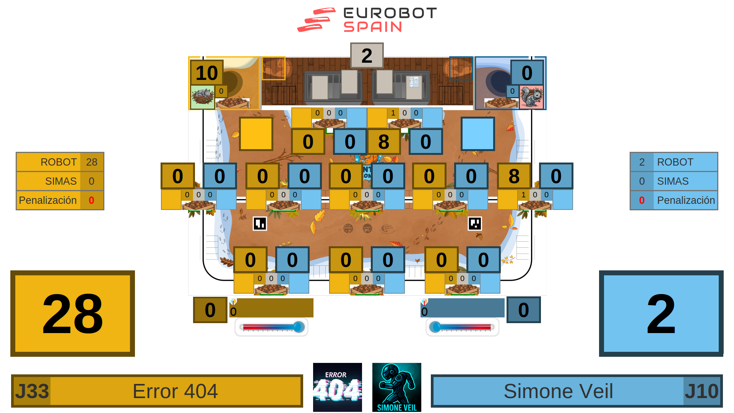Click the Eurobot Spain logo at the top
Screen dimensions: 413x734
(367, 20)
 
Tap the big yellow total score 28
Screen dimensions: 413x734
(73, 314)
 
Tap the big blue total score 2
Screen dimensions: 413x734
(661, 314)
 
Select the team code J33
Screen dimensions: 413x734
(32, 391)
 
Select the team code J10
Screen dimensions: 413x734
(702, 391)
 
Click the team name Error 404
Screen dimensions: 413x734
(175, 391)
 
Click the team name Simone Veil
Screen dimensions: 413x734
(558, 391)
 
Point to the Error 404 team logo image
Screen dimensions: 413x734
(337, 387)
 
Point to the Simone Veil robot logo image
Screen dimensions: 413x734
(397, 387)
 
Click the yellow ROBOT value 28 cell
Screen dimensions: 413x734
(92, 162)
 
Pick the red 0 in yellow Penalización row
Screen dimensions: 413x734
(91, 200)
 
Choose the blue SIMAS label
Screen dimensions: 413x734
(673, 181)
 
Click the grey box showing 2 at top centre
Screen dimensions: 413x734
(367, 56)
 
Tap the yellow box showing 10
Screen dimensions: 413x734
(206, 73)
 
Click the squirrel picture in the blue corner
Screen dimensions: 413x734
(531, 97)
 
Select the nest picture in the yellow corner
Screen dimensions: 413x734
(203, 97)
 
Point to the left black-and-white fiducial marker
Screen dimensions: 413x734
(260, 224)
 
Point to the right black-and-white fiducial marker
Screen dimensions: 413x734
(475, 224)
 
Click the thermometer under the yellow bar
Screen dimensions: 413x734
(271, 327)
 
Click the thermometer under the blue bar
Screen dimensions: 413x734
(463, 327)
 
